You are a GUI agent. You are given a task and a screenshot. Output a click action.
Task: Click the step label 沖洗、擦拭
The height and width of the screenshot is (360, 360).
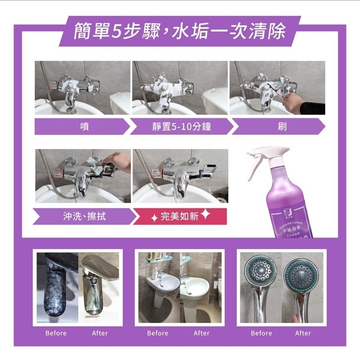tap(84, 216)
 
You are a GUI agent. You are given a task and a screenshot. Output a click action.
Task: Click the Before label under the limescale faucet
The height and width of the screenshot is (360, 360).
tap(56, 333)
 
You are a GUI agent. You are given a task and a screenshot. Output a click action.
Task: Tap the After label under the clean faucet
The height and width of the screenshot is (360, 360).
tap(99, 333)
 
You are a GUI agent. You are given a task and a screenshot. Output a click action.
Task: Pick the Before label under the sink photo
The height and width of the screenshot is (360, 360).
tap(157, 333)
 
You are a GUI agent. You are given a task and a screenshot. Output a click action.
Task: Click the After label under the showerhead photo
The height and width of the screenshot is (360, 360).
tap(303, 333)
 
